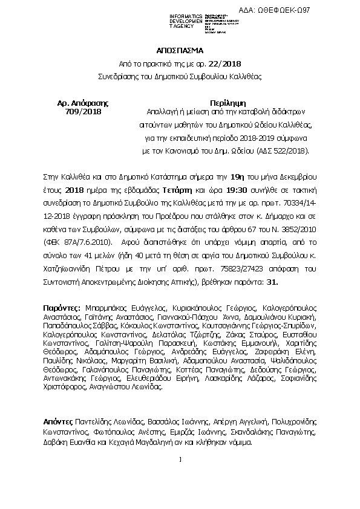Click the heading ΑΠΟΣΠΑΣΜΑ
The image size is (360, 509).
click(x=180, y=51)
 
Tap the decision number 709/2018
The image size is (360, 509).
click(x=82, y=111)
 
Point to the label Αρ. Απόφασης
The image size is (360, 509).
click(x=82, y=102)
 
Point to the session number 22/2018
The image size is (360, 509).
click(x=226, y=63)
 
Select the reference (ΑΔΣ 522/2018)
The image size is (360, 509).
click(x=281, y=149)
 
